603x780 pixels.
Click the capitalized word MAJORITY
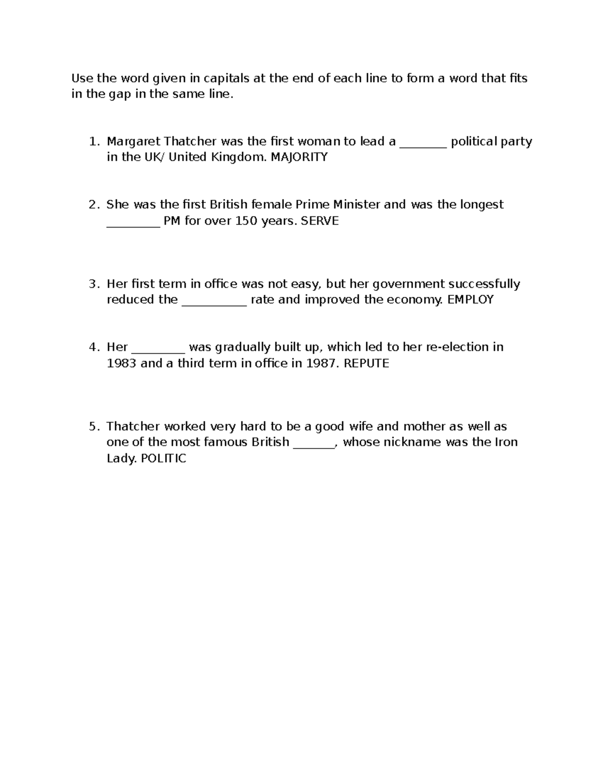tap(299, 157)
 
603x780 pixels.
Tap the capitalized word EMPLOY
tap(470, 300)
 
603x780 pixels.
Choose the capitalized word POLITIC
tap(163, 459)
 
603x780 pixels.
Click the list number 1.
tap(93, 142)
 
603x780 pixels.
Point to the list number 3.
tap(93, 284)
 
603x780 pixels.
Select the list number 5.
tap(93, 427)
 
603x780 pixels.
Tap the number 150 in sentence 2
tap(246, 221)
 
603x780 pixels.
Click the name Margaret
tap(133, 142)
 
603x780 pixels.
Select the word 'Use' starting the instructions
tap(82, 78)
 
